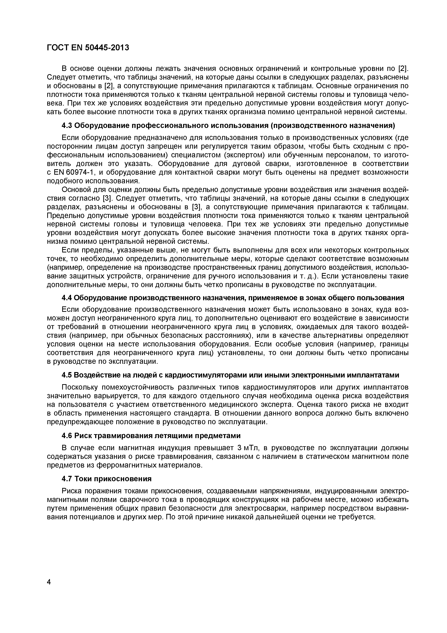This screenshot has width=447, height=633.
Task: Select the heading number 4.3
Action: [66, 126]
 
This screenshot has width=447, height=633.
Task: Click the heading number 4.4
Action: [66, 298]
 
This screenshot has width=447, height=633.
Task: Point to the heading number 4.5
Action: [66, 375]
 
